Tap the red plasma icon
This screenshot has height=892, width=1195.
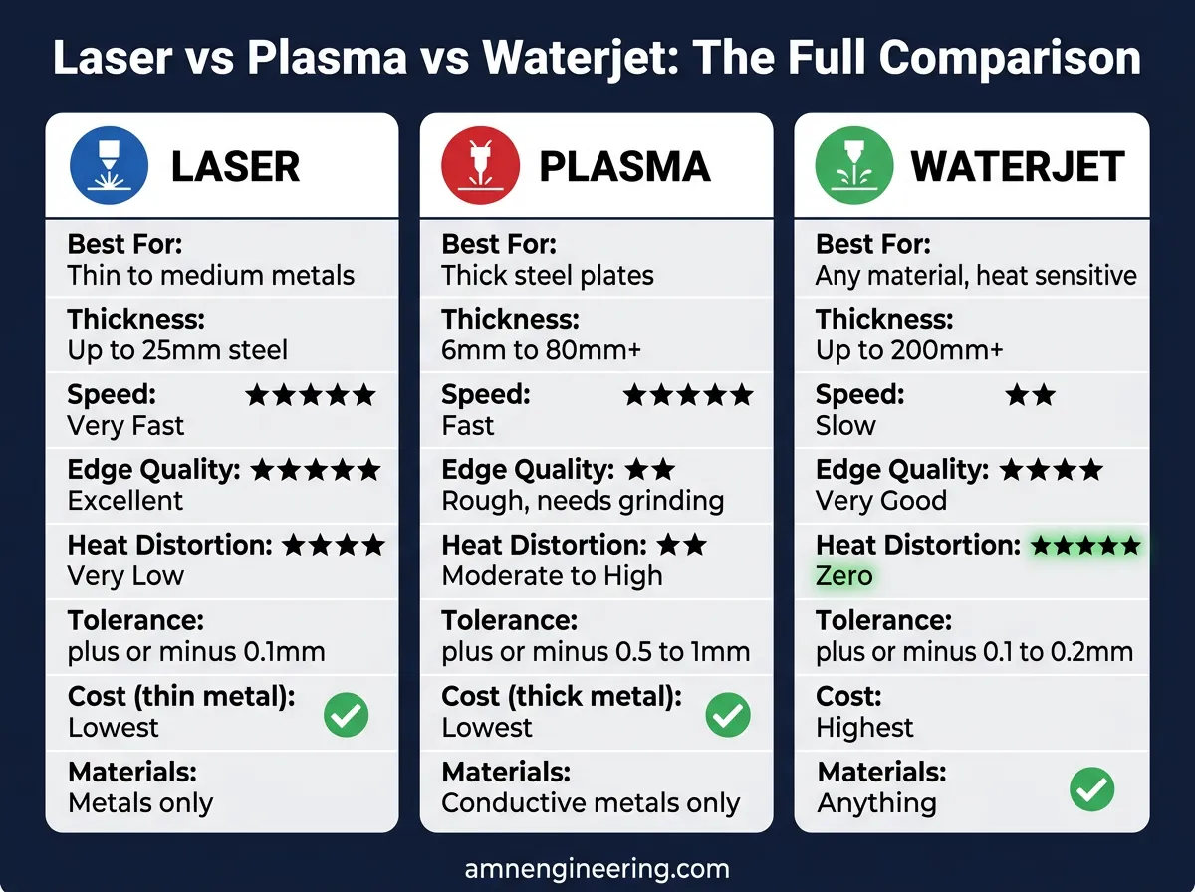click(x=481, y=165)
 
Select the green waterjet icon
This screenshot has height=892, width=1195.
click(x=852, y=165)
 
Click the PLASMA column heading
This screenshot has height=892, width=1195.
click(x=624, y=167)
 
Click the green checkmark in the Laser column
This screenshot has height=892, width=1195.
click(x=347, y=714)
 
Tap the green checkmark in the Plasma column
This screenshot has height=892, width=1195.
click(x=728, y=714)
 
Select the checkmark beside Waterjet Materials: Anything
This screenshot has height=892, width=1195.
click(x=1091, y=789)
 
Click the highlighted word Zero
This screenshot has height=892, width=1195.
click(x=843, y=575)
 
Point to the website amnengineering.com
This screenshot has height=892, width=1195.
click(x=597, y=868)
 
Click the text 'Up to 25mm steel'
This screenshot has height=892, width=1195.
click(x=177, y=350)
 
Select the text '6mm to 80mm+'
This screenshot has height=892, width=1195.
click(x=541, y=350)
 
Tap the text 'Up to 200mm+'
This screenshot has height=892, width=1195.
click(x=909, y=350)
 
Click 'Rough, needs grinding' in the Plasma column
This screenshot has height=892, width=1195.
click(x=583, y=500)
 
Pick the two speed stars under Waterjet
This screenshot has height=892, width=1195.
click(x=1030, y=395)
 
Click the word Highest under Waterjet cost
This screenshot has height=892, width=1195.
click(x=864, y=728)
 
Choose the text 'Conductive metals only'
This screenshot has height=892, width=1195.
click(x=591, y=803)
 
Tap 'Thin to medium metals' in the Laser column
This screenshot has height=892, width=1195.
click(x=210, y=275)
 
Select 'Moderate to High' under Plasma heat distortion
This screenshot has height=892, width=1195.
click(x=552, y=575)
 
